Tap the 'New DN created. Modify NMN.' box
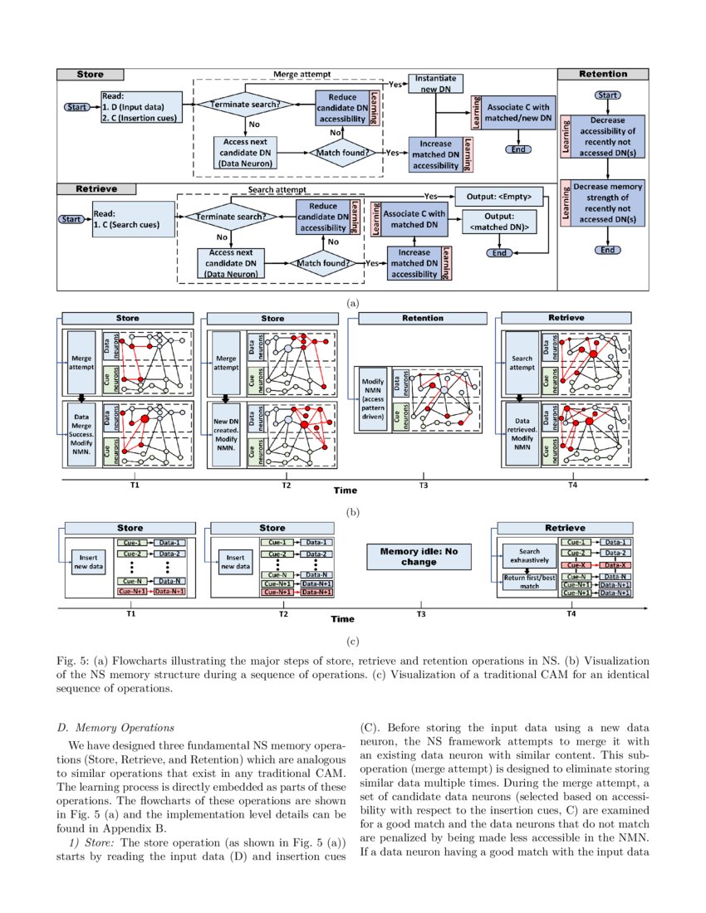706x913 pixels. pyautogui.click(x=222, y=433)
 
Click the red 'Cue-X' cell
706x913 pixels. pyautogui.click(x=576, y=564)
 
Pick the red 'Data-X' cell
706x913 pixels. pyautogui.click(x=614, y=564)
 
